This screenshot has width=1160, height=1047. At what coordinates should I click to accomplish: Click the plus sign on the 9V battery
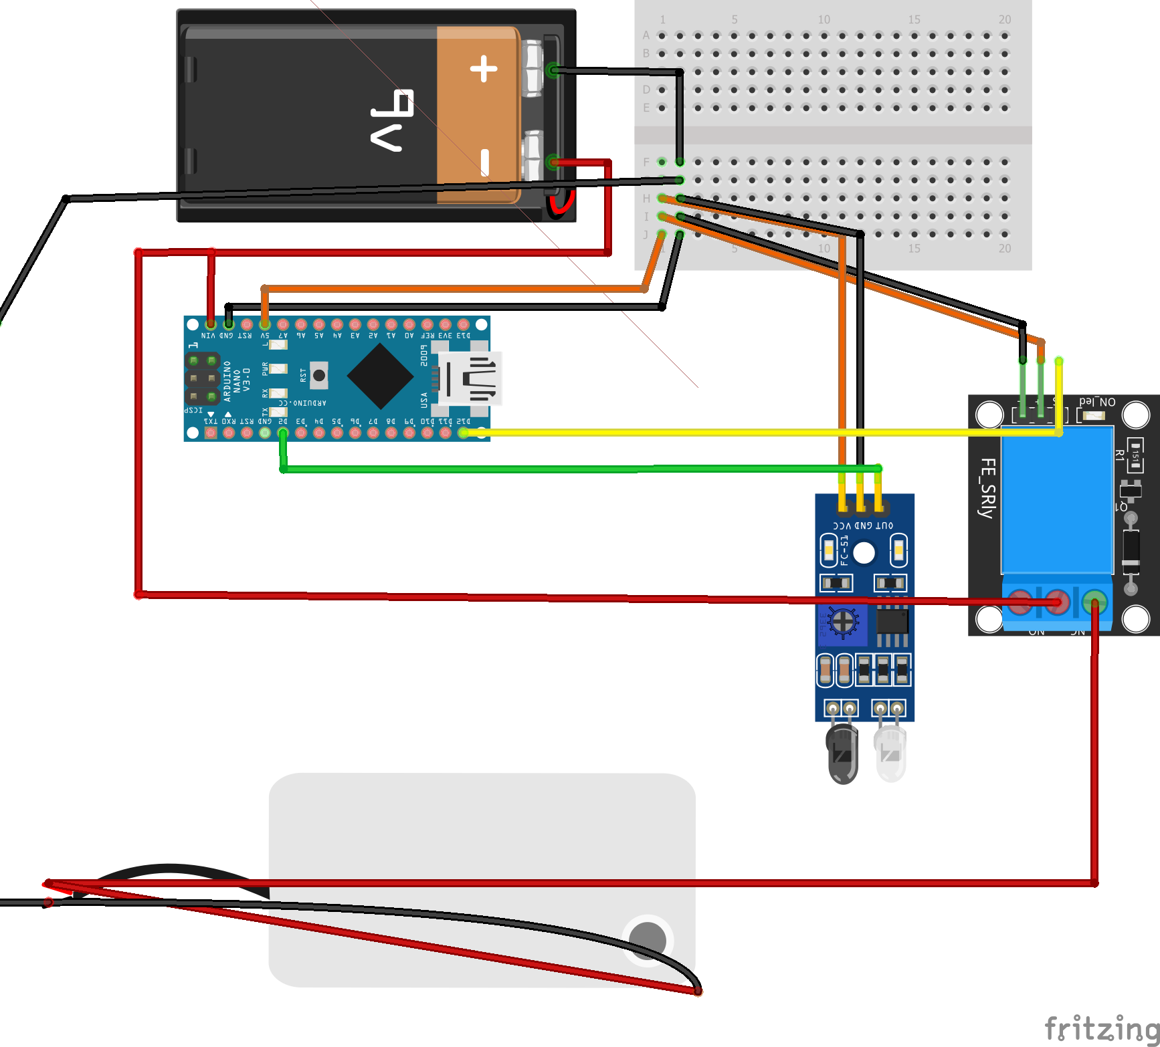tap(484, 69)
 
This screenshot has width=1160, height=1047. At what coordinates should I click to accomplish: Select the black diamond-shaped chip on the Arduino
tap(380, 376)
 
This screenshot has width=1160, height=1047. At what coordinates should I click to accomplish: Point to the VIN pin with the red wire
tap(211, 324)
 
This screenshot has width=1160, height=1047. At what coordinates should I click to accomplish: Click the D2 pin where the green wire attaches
tap(283, 433)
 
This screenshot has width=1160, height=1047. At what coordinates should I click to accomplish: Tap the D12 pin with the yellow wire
tap(463, 433)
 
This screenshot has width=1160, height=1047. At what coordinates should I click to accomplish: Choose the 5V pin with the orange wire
tap(265, 324)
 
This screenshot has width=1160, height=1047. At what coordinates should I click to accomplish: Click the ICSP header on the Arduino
tap(202, 378)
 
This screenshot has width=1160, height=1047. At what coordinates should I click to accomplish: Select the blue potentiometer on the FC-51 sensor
tap(843, 622)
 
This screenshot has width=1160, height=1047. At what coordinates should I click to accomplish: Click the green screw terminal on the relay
tap(1094, 602)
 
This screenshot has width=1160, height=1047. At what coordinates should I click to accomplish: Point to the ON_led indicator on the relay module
tap(1094, 415)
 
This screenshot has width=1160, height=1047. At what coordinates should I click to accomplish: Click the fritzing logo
tap(1101, 1028)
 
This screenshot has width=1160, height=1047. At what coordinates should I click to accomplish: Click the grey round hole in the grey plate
tap(648, 939)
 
